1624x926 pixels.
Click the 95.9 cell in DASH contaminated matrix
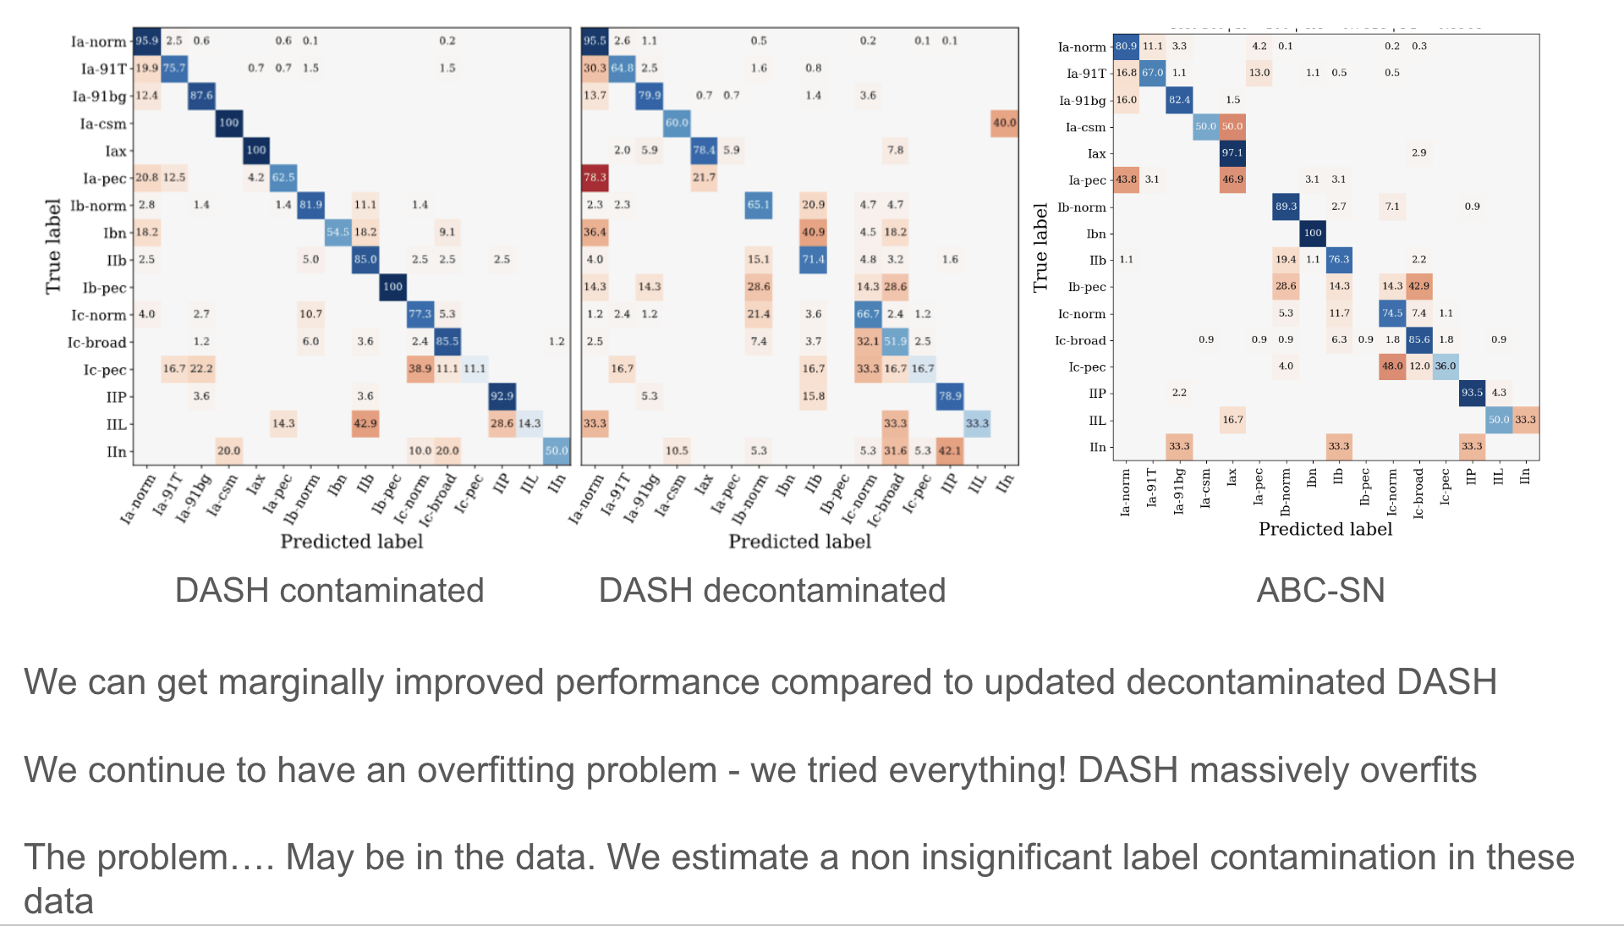click(146, 41)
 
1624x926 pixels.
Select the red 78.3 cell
click(595, 177)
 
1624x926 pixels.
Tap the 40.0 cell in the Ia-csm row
click(1004, 123)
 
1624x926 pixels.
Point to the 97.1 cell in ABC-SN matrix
click(1232, 153)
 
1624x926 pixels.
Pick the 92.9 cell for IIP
click(502, 395)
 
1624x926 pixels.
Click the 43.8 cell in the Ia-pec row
click(1126, 179)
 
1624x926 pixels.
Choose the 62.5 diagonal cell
click(283, 177)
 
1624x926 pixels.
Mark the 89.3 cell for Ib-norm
click(1286, 207)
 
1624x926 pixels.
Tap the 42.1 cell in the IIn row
click(950, 450)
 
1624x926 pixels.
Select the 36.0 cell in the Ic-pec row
click(1446, 367)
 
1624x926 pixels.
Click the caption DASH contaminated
click(329, 590)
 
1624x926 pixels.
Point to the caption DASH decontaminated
click(771, 590)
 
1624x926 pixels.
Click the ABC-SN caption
click(1320, 590)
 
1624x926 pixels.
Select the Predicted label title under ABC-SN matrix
click(1325, 529)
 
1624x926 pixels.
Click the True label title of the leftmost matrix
click(53, 246)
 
